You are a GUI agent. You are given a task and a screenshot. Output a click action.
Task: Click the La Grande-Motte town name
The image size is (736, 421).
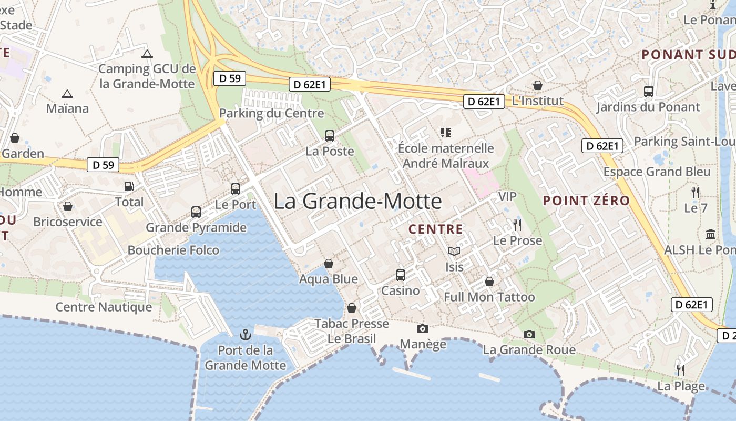pyautogui.click(x=357, y=202)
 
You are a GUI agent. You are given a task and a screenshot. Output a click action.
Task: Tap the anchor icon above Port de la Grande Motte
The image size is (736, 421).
pyautogui.click(x=245, y=334)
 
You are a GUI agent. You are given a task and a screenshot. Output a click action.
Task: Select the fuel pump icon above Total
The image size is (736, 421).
pyautogui.click(x=129, y=186)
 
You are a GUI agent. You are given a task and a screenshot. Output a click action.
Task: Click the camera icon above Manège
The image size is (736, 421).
pyautogui.click(x=422, y=328)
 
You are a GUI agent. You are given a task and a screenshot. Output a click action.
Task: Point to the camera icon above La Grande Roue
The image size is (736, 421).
pyautogui.click(x=529, y=334)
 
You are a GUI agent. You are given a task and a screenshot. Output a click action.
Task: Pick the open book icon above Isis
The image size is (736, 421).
pyautogui.click(x=454, y=252)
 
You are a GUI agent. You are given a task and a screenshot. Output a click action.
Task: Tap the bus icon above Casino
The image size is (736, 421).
pyautogui.click(x=401, y=275)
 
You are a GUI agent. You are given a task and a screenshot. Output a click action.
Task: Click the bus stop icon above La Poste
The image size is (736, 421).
pyautogui.click(x=330, y=136)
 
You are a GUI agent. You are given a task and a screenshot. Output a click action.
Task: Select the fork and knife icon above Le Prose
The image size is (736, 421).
pyautogui.click(x=517, y=225)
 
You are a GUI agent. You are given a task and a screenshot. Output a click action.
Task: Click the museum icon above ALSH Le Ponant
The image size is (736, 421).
pyautogui.click(x=711, y=234)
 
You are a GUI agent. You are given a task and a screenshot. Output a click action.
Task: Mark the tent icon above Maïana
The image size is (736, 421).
pyautogui.click(x=67, y=94)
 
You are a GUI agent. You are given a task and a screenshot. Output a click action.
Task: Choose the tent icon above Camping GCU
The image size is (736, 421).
pyautogui.click(x=147, y=54)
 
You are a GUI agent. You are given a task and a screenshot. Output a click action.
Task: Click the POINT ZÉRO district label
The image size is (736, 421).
pyautogui.click(x=586, y=201)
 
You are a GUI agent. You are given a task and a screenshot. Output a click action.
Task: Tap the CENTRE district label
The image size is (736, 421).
pyautogui.click(x=436, y=229)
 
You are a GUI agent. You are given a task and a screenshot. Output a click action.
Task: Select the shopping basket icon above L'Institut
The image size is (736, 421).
pyautogui.click(x=538, y=85)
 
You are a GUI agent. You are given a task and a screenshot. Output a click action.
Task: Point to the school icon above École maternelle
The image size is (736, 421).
pyautogui.click(x=446, y=133)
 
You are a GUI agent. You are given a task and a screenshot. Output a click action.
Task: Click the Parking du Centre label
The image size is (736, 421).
pyautogui.click(x=271, y=113)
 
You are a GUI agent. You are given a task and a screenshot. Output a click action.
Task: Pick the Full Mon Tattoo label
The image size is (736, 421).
pyautogui.click(x=489, y=297)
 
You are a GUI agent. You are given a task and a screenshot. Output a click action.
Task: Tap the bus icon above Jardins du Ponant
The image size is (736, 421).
pyautogui.click(x=649, y=92)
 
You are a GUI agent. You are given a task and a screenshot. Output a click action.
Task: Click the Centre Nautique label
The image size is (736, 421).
pyautogui.click(x=104, y=307)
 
